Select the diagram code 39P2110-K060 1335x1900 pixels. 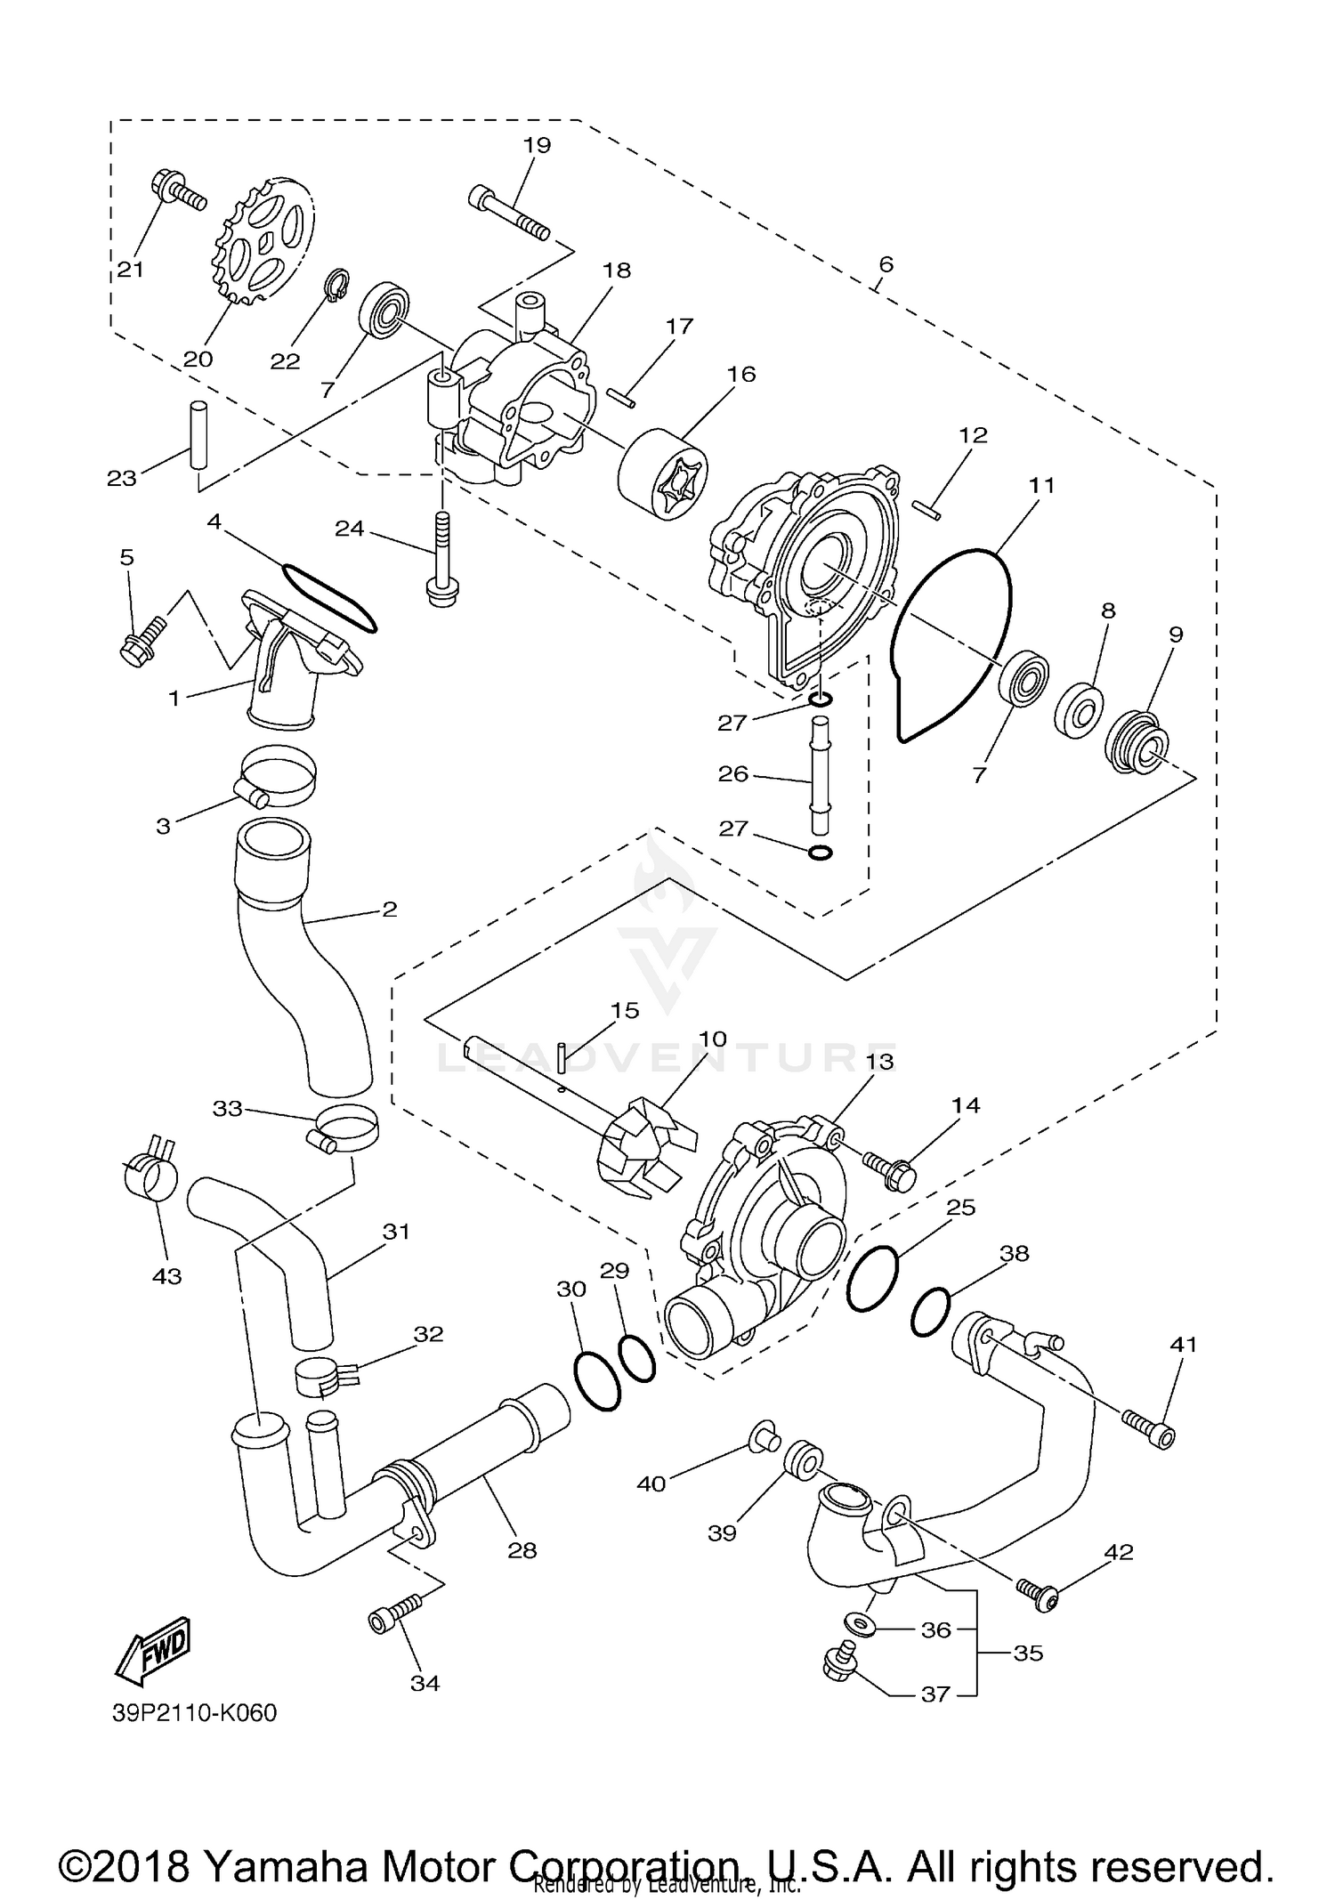(x=194, y=1713)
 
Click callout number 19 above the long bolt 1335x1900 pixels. (x=538, y=145)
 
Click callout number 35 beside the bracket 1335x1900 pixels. (x=1028, y=1653)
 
